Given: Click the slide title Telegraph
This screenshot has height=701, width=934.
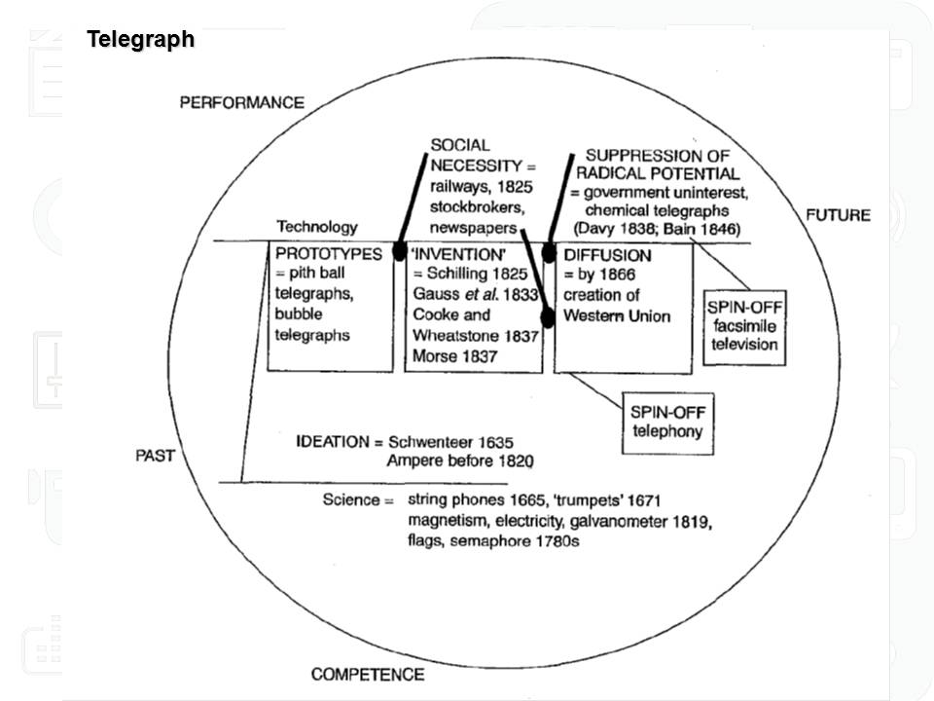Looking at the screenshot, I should point(140,39).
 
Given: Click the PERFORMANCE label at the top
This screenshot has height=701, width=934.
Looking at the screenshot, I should point(241,102).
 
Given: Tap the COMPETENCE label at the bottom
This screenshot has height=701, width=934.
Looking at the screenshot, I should point(367,674).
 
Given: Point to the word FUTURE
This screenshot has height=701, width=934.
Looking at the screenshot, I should point(838,214).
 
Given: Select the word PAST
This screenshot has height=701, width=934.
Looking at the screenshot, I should point(155,456).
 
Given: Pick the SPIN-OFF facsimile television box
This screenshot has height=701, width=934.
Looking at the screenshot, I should point(743,326).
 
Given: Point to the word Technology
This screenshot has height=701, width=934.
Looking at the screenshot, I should point(317,227).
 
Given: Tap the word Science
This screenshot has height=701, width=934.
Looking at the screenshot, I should point(350,499).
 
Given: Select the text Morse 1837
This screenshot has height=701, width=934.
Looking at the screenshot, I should point(454,357).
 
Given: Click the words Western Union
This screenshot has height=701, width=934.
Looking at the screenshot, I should point(616,315).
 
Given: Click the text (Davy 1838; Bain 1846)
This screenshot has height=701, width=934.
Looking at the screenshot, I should point(657,229).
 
